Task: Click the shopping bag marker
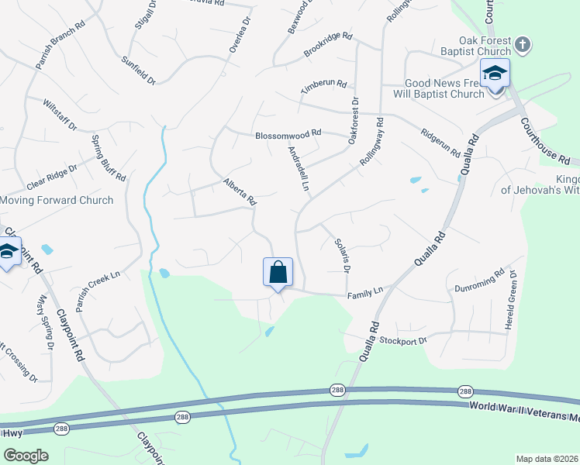point(278,273)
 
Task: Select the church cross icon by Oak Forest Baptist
point(523,44)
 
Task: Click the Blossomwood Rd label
point(288,136)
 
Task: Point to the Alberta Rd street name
point(240,192)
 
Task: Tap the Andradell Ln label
point(299,169)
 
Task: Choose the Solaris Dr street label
point(341,255)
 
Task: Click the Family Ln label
point(365,291)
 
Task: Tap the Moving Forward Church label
point(57,200)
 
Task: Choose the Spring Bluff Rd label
point(109,158)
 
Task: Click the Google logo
point(26,456)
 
